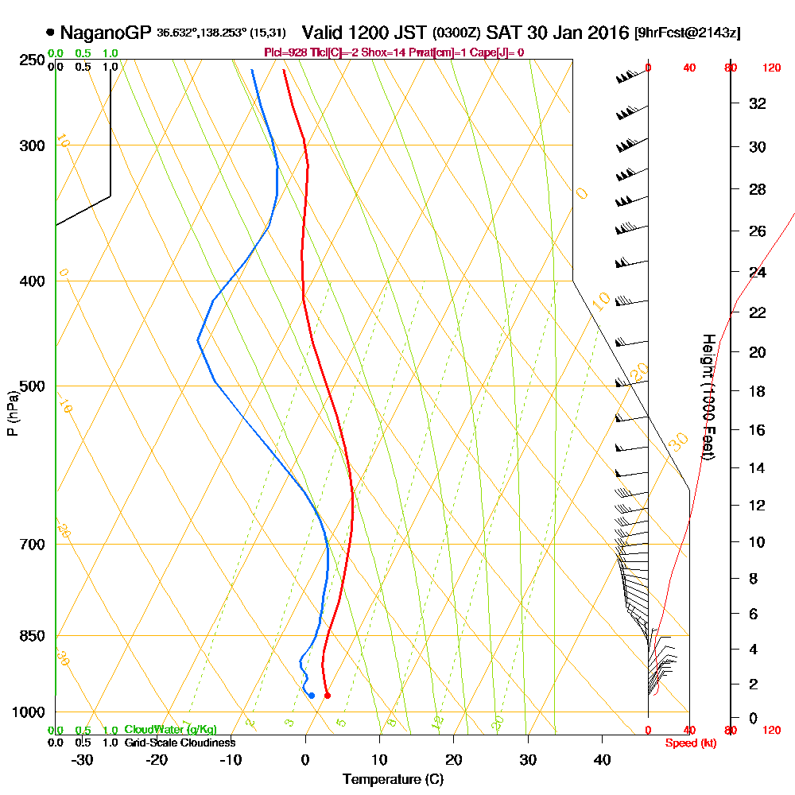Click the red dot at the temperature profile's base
pos(328,696)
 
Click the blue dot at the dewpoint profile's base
pos(311,696)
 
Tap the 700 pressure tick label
pos(33,545)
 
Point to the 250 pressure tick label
pos(33,60)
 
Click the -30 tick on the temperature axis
pos(82,760)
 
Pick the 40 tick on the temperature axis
pos(603,760)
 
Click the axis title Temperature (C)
pos(392,780)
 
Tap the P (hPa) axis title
pos(12,413)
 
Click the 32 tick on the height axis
pos(758,103)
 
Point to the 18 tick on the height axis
pos(758,391)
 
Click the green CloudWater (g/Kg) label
pos(170,730)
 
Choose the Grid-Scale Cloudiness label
pos(180,743)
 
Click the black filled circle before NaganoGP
pos(51,33)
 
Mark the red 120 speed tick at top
pos(771,68)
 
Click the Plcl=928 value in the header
pos(283,52)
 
